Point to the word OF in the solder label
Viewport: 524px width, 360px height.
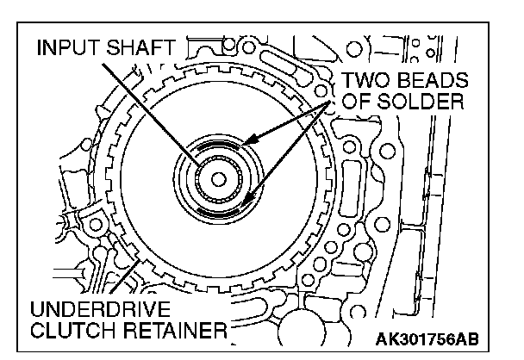pyautogui.click(x=357, y=102)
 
